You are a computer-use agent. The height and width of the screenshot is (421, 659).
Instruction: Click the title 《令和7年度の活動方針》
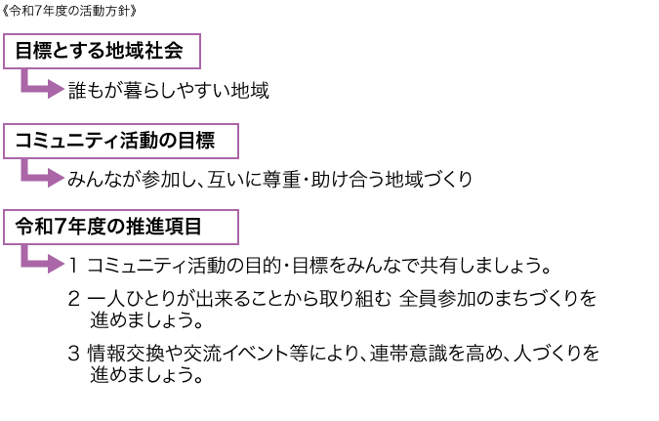(76, 12)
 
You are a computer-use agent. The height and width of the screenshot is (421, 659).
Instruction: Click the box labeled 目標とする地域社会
(105, 51)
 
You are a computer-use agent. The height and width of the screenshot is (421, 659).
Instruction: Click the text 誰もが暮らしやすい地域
(168, 91)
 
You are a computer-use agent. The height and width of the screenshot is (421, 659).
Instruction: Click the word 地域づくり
(429, 179)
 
